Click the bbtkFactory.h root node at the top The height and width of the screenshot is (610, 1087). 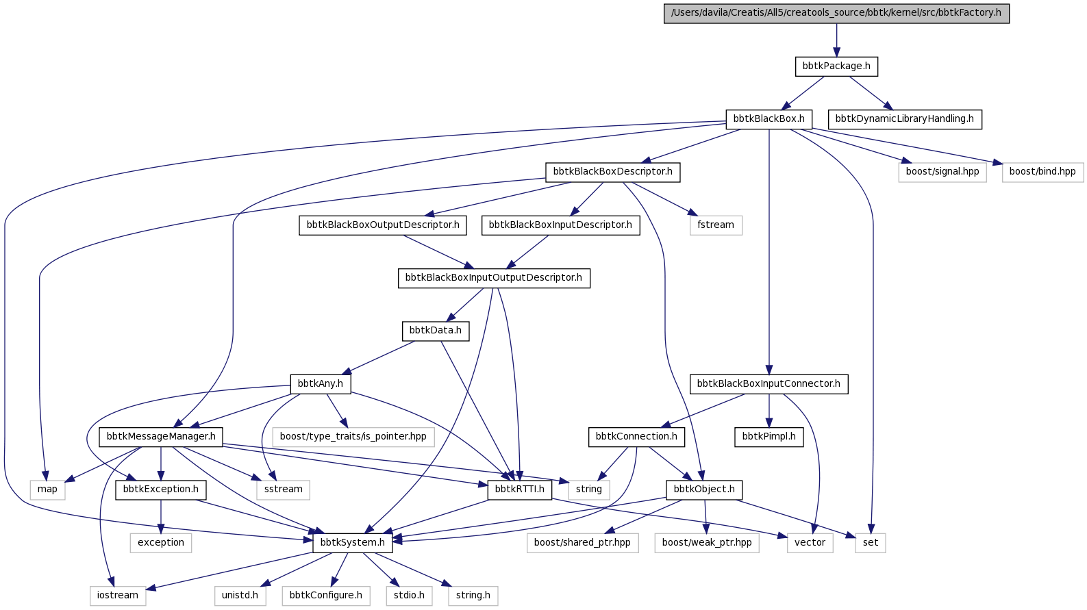point(836,13)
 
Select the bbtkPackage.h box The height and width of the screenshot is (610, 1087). point(836,66)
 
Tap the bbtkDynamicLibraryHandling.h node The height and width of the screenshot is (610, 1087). point(905,119)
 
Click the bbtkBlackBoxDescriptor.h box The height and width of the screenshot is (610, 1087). point(612,172)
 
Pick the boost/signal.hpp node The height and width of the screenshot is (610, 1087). point(942,172)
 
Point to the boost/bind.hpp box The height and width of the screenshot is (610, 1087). point(1042,172)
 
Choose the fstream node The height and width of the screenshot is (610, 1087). point(716,225)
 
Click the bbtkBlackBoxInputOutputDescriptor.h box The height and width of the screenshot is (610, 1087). point(494,278)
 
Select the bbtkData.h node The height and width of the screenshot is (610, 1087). point(436,331)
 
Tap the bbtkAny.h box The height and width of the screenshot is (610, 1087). point(321,384)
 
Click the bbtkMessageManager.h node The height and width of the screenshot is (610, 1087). point(161,437)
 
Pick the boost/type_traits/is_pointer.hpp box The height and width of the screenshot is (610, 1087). point(353,437)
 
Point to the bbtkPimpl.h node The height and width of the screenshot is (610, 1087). point(769,437)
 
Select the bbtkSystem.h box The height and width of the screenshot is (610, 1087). point(352,543)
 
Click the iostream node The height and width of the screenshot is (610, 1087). point(117,596)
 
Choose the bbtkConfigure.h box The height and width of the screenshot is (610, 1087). point(325,596)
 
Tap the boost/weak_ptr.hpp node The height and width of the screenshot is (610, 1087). point(707,543)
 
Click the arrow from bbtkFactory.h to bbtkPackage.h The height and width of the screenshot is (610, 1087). point(836,40)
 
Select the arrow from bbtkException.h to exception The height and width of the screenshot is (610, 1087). point(161,516)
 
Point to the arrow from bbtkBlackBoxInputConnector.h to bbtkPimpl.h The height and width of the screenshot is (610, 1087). point(769,410)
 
